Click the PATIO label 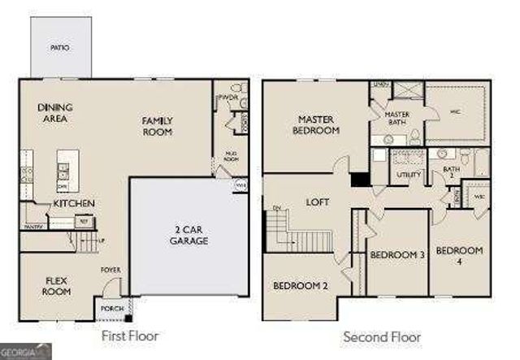click(x=59, y=48)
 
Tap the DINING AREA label click(x=54, y=113)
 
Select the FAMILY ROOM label click(x=158, y=126)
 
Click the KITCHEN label click(x=74, y=203)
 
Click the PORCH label click(x=110, y=310)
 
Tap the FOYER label click(x=110, y=269)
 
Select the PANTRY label click(x=32, y=227)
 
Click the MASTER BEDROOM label click(x=317, y=125)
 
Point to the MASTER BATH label click(x=396, y=119)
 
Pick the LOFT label click(x=317, y=202)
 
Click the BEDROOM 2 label click(x=300, y=286)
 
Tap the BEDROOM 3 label click(x=397, y=255)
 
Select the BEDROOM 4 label click(x=459, y=255)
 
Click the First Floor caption click(x=129, y=335)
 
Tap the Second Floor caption click(x=381, y=336)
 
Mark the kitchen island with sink click(x=63, y=171)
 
